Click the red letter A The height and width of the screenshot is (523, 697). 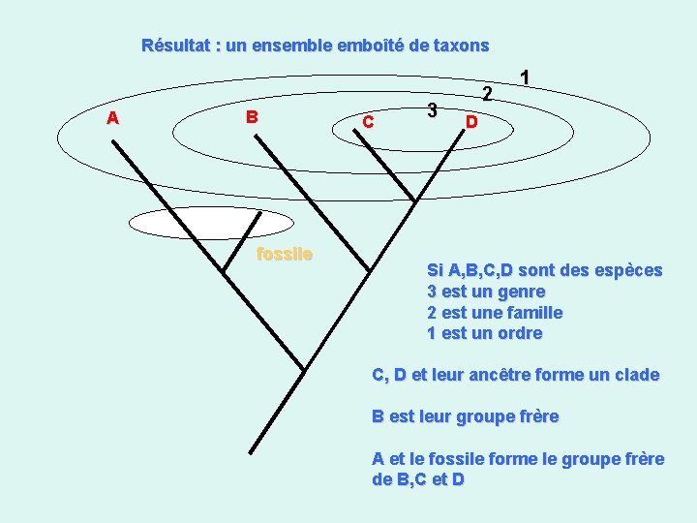113,118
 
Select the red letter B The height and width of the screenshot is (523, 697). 252,117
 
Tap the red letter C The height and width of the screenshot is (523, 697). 368,121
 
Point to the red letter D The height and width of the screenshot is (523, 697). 471,122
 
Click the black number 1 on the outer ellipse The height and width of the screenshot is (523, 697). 525,77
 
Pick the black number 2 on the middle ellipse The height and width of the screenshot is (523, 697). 488,93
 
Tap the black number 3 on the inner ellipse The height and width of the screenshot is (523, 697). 432,109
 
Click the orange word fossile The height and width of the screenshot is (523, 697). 285,254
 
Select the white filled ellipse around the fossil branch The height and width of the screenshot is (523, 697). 211,223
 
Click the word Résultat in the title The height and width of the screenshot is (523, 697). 175,46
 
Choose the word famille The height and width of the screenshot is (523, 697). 535,313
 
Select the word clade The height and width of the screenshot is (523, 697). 637,375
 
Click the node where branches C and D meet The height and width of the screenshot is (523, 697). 414,201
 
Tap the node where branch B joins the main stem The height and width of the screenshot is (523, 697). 369,270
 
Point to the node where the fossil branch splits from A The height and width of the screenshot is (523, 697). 223,270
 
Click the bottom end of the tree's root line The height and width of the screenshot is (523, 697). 251,453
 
